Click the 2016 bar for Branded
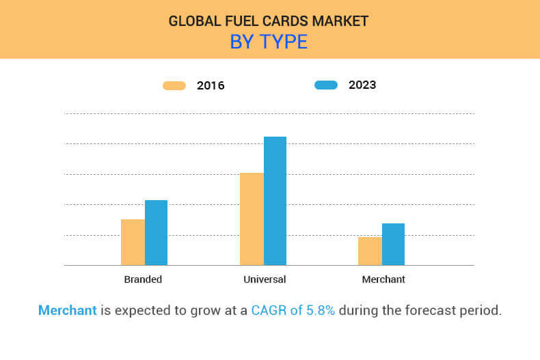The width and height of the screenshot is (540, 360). click(133, 242)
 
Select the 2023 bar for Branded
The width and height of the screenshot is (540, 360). click(156, 232)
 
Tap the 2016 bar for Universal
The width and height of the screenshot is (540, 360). click(252, 219)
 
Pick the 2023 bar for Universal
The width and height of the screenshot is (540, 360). click(275, 201)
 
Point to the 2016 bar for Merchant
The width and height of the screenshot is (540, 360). click(370, 251)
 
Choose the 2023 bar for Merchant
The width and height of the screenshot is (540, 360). click(393, 244)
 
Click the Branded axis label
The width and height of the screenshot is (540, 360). click(143, 279)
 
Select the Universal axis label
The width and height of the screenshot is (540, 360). click(265, 279)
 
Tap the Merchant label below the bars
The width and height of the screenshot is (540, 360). click(383, 279)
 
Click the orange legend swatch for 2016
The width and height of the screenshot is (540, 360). click(174, 85)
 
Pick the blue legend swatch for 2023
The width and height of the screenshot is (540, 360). click(326, 85)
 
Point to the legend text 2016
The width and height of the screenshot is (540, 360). click(211, 86)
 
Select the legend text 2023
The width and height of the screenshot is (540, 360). click(362, 85)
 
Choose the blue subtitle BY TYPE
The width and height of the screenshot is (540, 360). click(269, 42)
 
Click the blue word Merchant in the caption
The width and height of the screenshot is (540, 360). click(68, 310)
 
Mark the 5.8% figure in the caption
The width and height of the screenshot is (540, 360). click(320, 310)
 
